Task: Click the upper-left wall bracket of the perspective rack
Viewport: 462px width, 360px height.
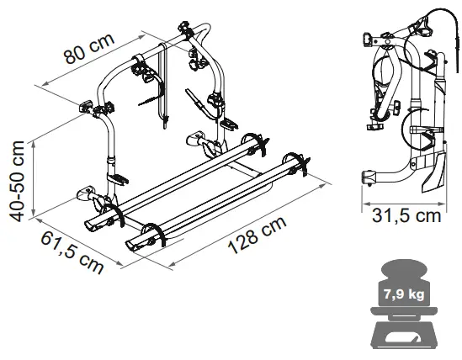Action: click(x=87, y=108)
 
